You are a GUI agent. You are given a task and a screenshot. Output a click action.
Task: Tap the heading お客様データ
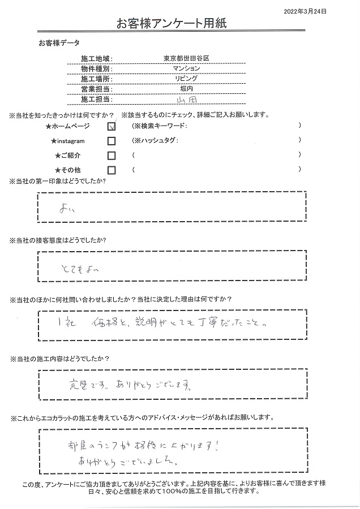coord(59,43)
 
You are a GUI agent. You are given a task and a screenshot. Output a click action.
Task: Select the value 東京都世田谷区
coord(186,59)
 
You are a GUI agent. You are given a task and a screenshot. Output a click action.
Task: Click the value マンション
coord(186,68)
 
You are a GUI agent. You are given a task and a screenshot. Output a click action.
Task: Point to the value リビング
coord(186,78)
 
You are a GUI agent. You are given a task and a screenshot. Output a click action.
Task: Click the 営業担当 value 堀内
coord(186,88)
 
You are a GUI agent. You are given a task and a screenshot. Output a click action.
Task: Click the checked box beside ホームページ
coord(112,127)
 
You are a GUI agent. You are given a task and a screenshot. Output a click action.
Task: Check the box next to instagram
coord(112,141)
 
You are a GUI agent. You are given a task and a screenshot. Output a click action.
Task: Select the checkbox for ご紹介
coord(112,156)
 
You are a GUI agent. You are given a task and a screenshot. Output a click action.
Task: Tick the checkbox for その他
coord(112,170)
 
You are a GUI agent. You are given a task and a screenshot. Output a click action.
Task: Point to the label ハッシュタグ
coord(158,141)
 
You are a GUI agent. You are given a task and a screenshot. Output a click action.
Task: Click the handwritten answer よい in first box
coord(67,209)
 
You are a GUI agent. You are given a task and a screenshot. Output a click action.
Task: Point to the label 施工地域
coord(97,59)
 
